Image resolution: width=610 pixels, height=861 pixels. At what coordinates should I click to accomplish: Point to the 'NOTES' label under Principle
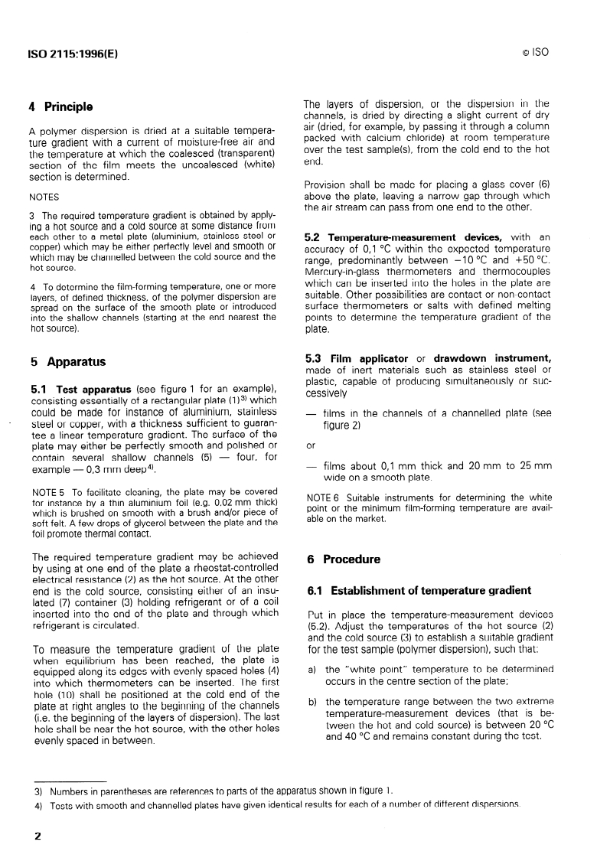(44, 196)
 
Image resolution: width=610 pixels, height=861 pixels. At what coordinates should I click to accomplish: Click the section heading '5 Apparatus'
(67, 361)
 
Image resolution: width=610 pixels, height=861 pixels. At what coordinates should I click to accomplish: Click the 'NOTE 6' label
(324, 497)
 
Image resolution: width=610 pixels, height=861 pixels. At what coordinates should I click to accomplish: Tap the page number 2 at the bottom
(36, 837)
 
